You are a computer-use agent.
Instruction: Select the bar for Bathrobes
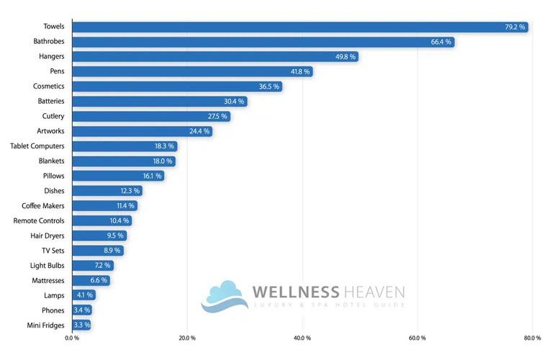[x=263, y=42]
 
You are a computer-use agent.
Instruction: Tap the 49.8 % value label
[x=344, y=57]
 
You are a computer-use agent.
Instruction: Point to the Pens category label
[x=57, y=71]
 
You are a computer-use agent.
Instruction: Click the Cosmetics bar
[x=176, y=86]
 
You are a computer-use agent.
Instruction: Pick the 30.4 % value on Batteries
[x=233, y=102]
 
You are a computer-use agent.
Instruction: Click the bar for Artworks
[x=142, y=131]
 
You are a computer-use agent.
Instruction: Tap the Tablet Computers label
[x=37, y=146]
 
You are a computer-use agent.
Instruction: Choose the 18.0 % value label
[x=162, y=161]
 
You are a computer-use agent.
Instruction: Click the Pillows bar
[x=118, y=176]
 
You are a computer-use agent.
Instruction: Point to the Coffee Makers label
[x=43, y=206]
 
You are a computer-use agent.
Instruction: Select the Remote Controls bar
[x=102, y=220]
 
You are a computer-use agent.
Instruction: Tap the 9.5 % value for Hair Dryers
[x=115, y=235]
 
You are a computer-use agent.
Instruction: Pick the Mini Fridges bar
[x=81, y=325]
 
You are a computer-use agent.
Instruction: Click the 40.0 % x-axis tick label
[x=302, y=338]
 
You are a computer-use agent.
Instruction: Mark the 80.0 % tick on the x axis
[x=532, y=338]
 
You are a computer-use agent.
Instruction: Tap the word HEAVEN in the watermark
[x=374, y=292]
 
